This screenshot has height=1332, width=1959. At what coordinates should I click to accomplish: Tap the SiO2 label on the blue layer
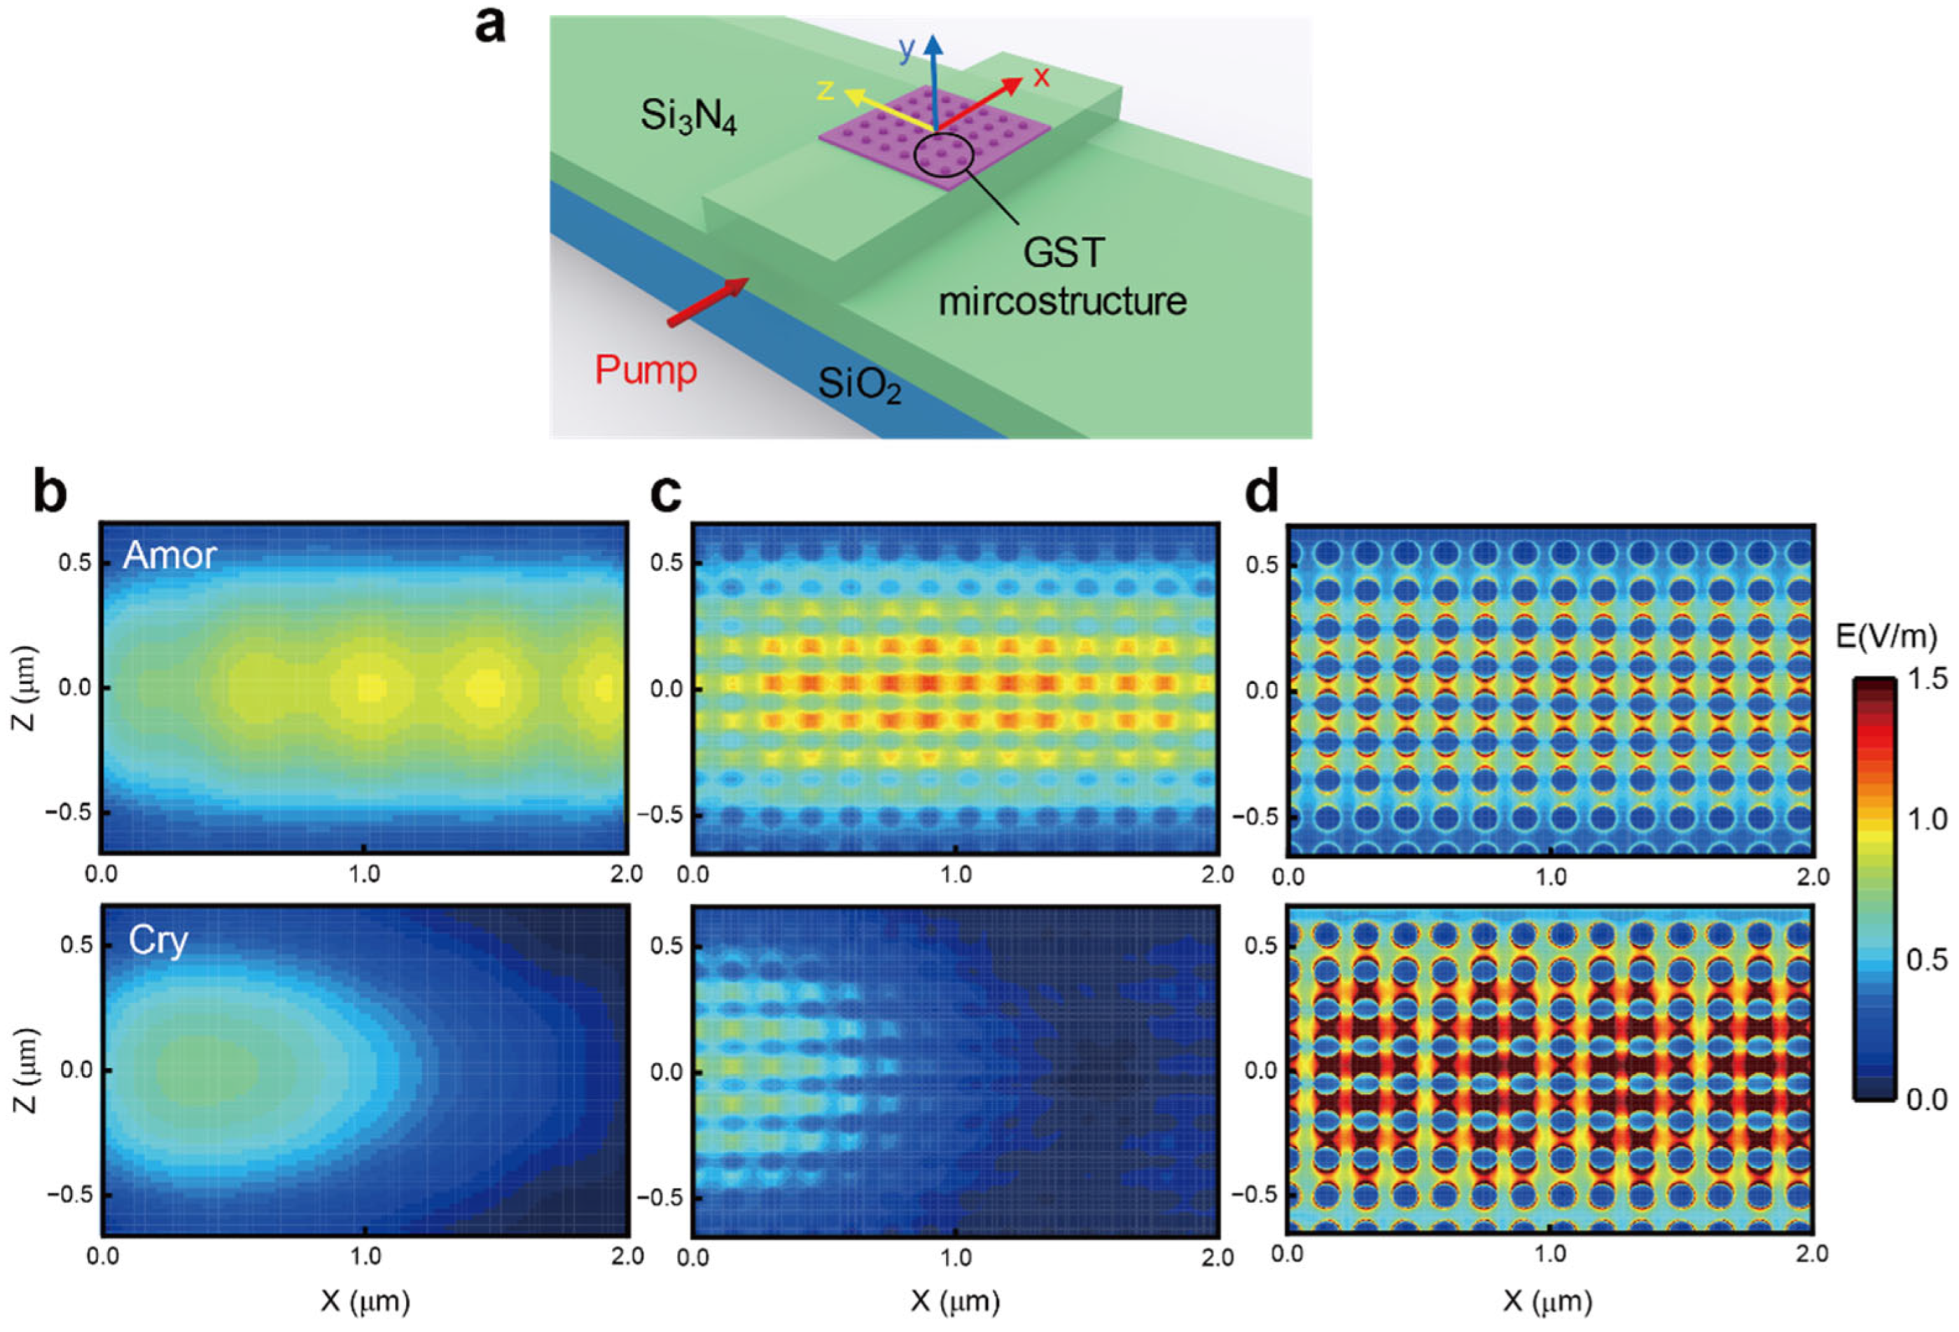coord(859,385)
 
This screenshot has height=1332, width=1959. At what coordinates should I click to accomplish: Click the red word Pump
coord(646,370)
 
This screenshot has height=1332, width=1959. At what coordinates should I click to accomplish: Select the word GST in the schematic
coord(1063,252)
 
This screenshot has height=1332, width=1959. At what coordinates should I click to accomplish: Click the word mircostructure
coord(1062,301)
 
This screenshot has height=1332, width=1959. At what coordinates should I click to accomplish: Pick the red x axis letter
coord(1042,78)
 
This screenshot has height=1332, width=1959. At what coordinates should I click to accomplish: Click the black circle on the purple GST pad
coord(944,154)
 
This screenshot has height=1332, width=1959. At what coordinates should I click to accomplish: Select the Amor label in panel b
coord(169,555)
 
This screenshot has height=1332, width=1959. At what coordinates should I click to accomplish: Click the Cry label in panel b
coord(158,940)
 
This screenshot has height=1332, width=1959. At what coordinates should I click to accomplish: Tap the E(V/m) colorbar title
coord(1886,637)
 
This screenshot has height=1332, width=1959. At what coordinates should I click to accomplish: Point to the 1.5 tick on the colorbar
coord(1926,679)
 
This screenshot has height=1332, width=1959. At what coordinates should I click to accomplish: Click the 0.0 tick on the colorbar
coord(1926,1099)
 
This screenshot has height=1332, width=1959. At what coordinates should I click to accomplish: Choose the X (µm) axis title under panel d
coord(1547,1300)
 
